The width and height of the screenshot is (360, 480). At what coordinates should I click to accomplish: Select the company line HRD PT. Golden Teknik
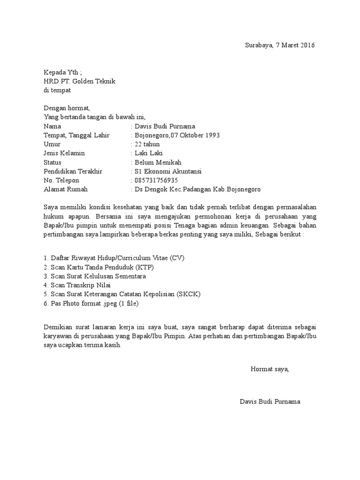[79, 81]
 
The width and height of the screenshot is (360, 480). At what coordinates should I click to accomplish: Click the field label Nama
[52, 126]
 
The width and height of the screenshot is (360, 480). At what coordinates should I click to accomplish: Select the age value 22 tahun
[147, 144]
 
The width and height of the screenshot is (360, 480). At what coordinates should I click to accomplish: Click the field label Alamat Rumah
[65, 189]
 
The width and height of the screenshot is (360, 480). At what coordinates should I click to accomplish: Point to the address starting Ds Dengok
[197, 189]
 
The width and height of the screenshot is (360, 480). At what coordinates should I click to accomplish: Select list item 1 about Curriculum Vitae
[111, 258]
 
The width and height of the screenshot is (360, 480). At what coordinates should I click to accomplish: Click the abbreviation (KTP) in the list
[145, 267]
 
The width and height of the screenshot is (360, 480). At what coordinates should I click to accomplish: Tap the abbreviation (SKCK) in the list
[190, 294]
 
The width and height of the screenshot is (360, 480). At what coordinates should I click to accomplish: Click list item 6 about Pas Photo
[91, 303]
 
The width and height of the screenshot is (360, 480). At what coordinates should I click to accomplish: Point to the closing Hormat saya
[270, 369]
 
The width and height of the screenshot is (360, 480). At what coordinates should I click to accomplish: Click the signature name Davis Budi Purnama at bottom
[270, 402]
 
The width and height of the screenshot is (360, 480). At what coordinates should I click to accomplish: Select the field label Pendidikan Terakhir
[73, 171]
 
